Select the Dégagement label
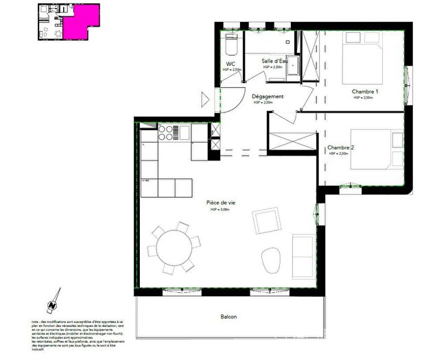(268, 97)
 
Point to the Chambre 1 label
(365, 91)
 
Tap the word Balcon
(228, 316)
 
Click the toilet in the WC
(231, 47)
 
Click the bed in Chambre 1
(366, 58)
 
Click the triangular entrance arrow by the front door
(205, 99)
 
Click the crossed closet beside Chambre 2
(290, 140)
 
